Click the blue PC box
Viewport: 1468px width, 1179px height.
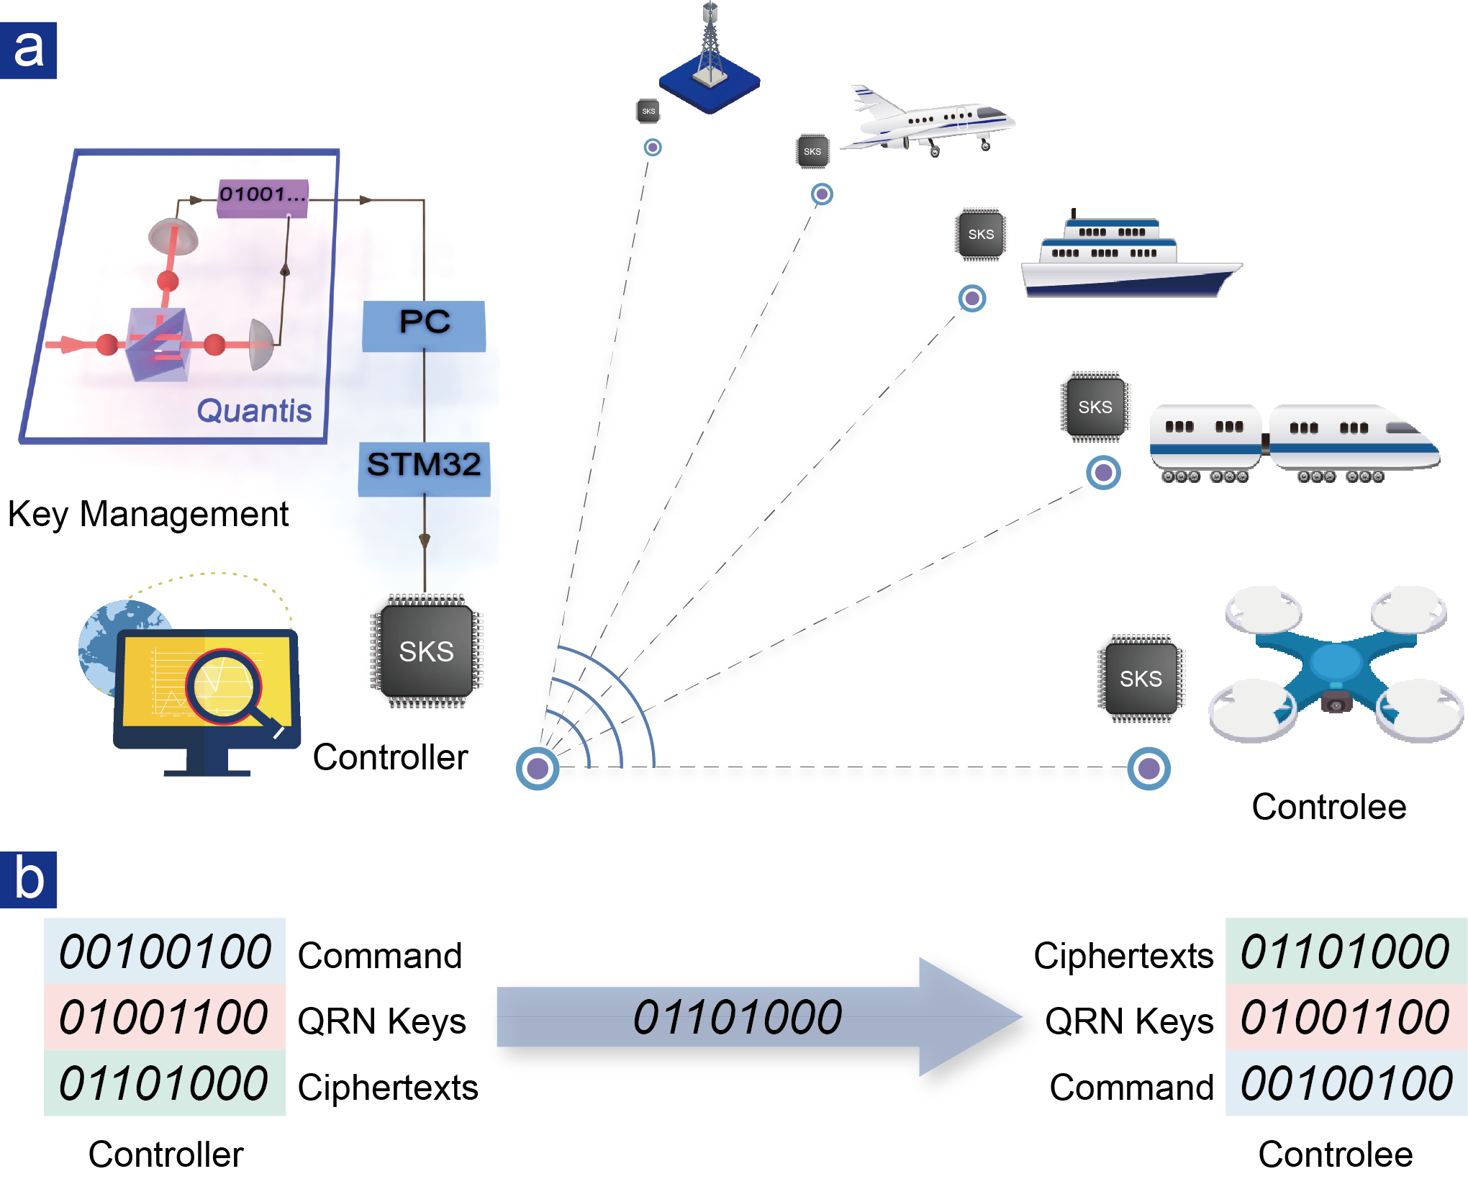pos(424,325)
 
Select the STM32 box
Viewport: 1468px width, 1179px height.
pos(424,469)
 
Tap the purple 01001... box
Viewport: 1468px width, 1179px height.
pos(263,198)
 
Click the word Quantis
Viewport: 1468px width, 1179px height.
pos(254,410)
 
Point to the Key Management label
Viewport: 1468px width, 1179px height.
pos(148,514)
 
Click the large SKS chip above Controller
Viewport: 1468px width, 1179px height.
pos(426,651)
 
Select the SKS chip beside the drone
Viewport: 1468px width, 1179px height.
pos(1141,678)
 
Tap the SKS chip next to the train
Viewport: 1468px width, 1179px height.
pos(1095,407)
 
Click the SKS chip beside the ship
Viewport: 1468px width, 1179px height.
pos(981,235)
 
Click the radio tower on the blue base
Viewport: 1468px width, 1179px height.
pos(710,58)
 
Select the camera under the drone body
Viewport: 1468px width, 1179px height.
pos(1336,700)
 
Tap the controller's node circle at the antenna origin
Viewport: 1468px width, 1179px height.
pos(538,768)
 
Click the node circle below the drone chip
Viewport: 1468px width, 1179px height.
pos(1148,768)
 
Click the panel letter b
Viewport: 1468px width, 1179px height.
pos(28,880)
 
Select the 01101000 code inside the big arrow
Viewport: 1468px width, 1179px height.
pos(738,1017)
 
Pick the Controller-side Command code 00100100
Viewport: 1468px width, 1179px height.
pos(165,952)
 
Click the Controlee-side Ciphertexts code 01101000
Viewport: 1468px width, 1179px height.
pos(1345,952)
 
